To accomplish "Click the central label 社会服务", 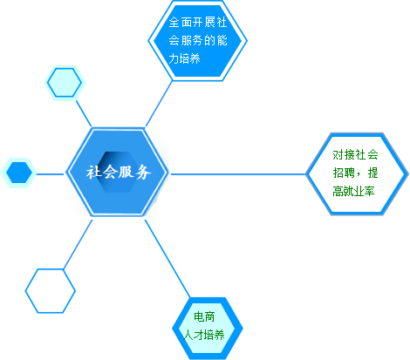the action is pos(119,172).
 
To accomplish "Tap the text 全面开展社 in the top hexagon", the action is pos(198,22).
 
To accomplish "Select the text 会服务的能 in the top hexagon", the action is pos(198,40).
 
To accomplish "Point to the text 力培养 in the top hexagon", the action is pos(184,58).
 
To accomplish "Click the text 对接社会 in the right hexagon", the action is pos(355,154).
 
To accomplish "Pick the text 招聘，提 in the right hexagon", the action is pos(355,173).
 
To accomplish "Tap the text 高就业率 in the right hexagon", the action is pos(353,192).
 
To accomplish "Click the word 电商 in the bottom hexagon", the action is pos(204,316).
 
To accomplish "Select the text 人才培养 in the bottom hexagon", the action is pos(204,335).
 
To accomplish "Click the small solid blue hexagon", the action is pos(19,173).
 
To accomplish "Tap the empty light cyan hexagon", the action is pos(65,83).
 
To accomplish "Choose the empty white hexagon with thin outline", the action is pos(51,291).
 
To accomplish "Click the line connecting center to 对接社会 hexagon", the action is pos(238,174).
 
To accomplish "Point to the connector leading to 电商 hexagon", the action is pos(167,259).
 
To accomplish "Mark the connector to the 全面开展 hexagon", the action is pos(159,104).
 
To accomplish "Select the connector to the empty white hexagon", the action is pos(78,244).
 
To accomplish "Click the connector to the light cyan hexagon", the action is pos(84,113).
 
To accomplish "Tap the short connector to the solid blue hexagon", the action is pos(50,174).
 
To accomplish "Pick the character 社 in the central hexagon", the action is pos(93,172).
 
